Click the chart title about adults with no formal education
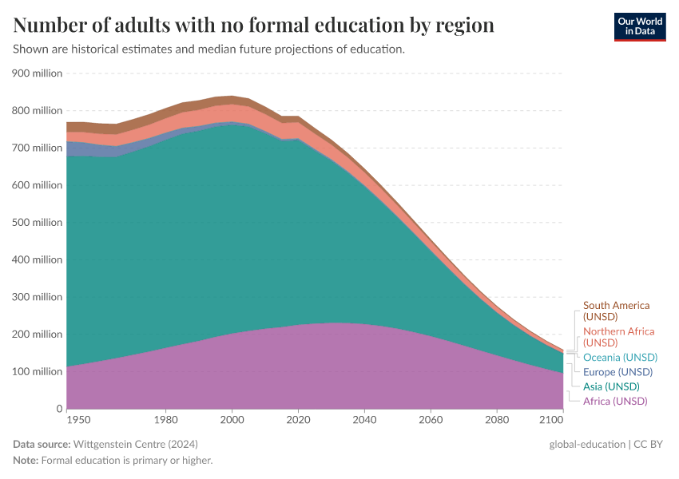[253, 26]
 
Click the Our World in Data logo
[640, 26]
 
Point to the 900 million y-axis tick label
[37, 73]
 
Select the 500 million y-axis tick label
[37, 223]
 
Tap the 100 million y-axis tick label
[37, 372]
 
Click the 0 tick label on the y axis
[58, 409]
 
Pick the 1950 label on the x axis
[78, 419]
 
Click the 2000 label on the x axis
[232, 419]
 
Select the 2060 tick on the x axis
[431, 419]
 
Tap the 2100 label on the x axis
[550, 419]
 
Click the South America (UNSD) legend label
[616, 311]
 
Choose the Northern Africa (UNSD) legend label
[618, 336]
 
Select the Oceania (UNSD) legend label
[620, 357]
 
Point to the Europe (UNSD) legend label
[617, 372]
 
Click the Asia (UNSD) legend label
[611, 386]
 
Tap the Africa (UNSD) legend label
[615, 401]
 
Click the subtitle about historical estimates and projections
[209, 49]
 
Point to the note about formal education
[113, 461]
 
